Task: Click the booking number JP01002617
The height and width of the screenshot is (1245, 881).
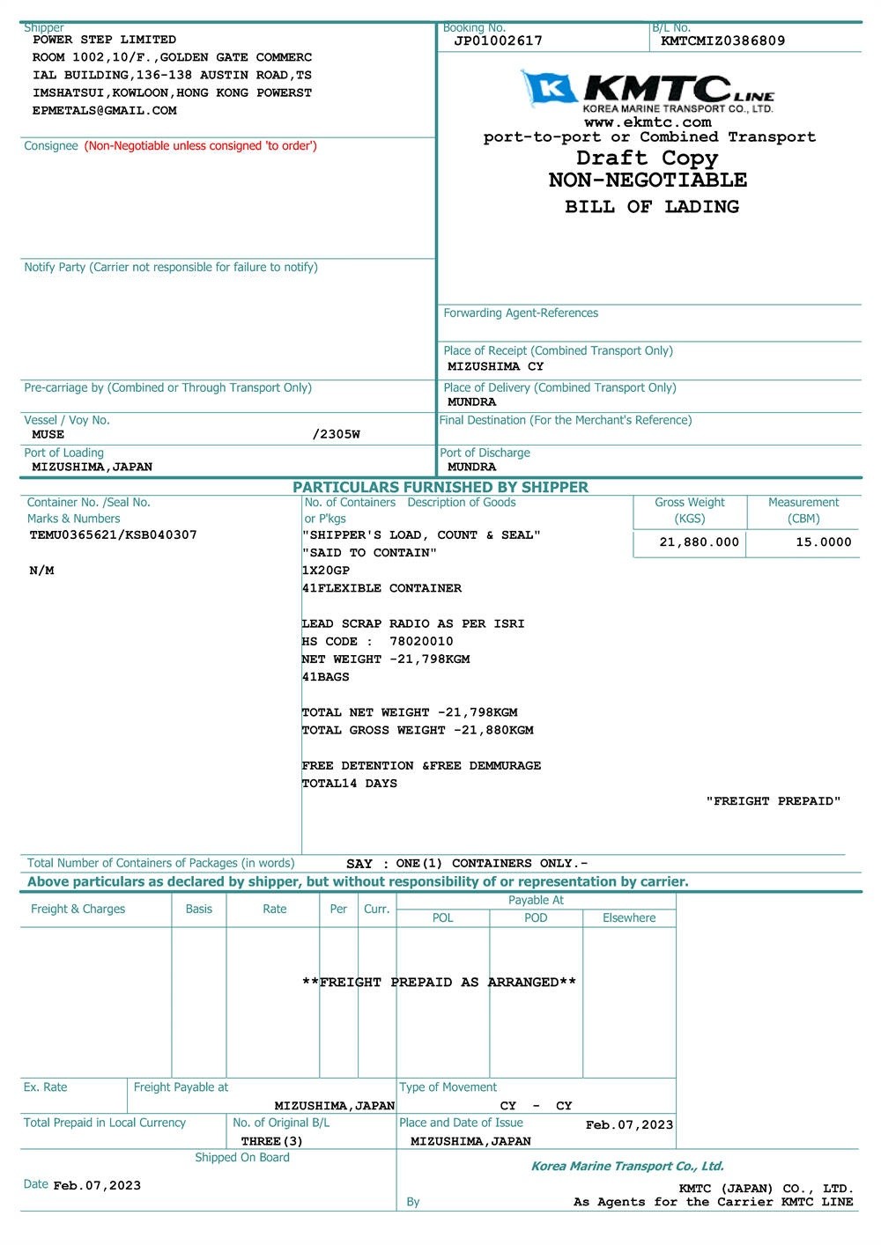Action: pos(498,41)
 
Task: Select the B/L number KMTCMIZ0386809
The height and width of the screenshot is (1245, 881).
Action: pos(722,41)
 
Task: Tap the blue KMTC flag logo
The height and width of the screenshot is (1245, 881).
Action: pos(549,88)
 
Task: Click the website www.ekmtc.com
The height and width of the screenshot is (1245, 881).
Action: pos(648,122)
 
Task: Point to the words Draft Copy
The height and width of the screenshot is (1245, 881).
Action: pos(648,158)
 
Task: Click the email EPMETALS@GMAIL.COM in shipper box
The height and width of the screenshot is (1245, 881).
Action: pos(104,111)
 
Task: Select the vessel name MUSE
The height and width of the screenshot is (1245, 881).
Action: pos(48,434)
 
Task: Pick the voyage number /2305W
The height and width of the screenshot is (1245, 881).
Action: pos(336,434)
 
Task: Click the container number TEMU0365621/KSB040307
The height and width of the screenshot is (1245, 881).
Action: pos(114,534)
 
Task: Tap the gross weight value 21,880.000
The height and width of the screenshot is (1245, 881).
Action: pos(699,542)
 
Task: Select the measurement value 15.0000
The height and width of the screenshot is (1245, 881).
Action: pos(823,542)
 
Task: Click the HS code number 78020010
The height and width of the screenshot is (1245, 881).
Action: pos(421,641)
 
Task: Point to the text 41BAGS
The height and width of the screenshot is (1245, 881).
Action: pos(325,677)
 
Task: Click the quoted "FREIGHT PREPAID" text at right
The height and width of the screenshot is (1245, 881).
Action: pos(773,801)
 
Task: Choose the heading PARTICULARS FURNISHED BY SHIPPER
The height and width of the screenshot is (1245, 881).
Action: pos(440,487)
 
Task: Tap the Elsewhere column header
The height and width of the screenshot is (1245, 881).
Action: pos(629,917)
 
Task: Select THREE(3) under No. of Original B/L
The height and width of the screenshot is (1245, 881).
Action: pos(271,1141)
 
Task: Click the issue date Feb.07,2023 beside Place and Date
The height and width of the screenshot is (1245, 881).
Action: pos(629,1124)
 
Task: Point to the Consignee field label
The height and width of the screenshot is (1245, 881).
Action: pos(51,146)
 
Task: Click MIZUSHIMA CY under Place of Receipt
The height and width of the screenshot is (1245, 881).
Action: pos(495,366)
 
